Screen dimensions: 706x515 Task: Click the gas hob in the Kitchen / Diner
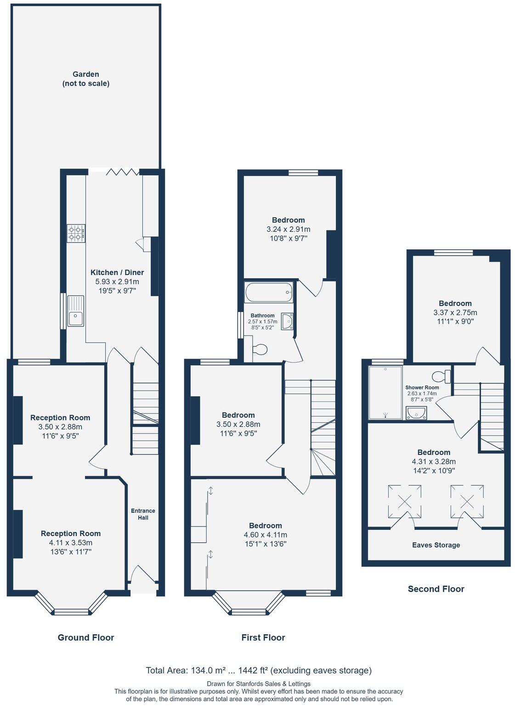(x=76, y=233)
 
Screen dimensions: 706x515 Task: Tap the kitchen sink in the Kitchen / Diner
(x=76, y=311)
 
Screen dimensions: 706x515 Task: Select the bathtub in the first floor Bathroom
(x=269, y=292)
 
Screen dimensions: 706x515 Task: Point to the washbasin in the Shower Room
(x=417, y=414)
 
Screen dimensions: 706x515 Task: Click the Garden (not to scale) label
(x=86, y=78)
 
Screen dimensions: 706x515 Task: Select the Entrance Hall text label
(x=143, y=514)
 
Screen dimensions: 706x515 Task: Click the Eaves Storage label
(x=436, y=545)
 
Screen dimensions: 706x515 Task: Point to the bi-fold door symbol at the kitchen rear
(x=122, y=172)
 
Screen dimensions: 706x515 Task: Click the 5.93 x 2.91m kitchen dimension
(x=117, y=281)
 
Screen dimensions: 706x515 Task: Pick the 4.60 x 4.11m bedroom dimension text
(x=265, y=535)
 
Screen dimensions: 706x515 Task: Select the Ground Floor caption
(x=86, y=637)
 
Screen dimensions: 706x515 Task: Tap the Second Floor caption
(x=436, y=589)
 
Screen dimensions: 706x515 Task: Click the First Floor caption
(x=263, y=637)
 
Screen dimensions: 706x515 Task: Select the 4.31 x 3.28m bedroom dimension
(x=434, y=461)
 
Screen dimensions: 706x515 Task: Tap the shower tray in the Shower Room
(x=385, y=392)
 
